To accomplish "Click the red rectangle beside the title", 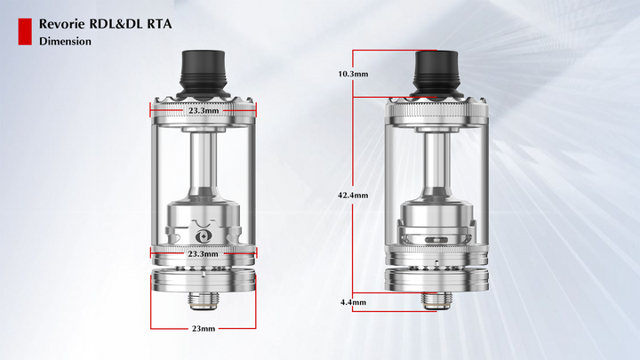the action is [25, 31].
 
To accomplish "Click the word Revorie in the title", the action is [62, 24].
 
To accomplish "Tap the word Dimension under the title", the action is [65, 41].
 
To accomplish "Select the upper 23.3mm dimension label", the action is [204, 110].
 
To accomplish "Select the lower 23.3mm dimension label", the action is [203, 254].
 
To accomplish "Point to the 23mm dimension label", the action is [204, 328].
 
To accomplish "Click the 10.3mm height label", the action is [353, 74].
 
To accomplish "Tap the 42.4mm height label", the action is [353, 195].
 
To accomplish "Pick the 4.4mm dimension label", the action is [353, 302].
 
